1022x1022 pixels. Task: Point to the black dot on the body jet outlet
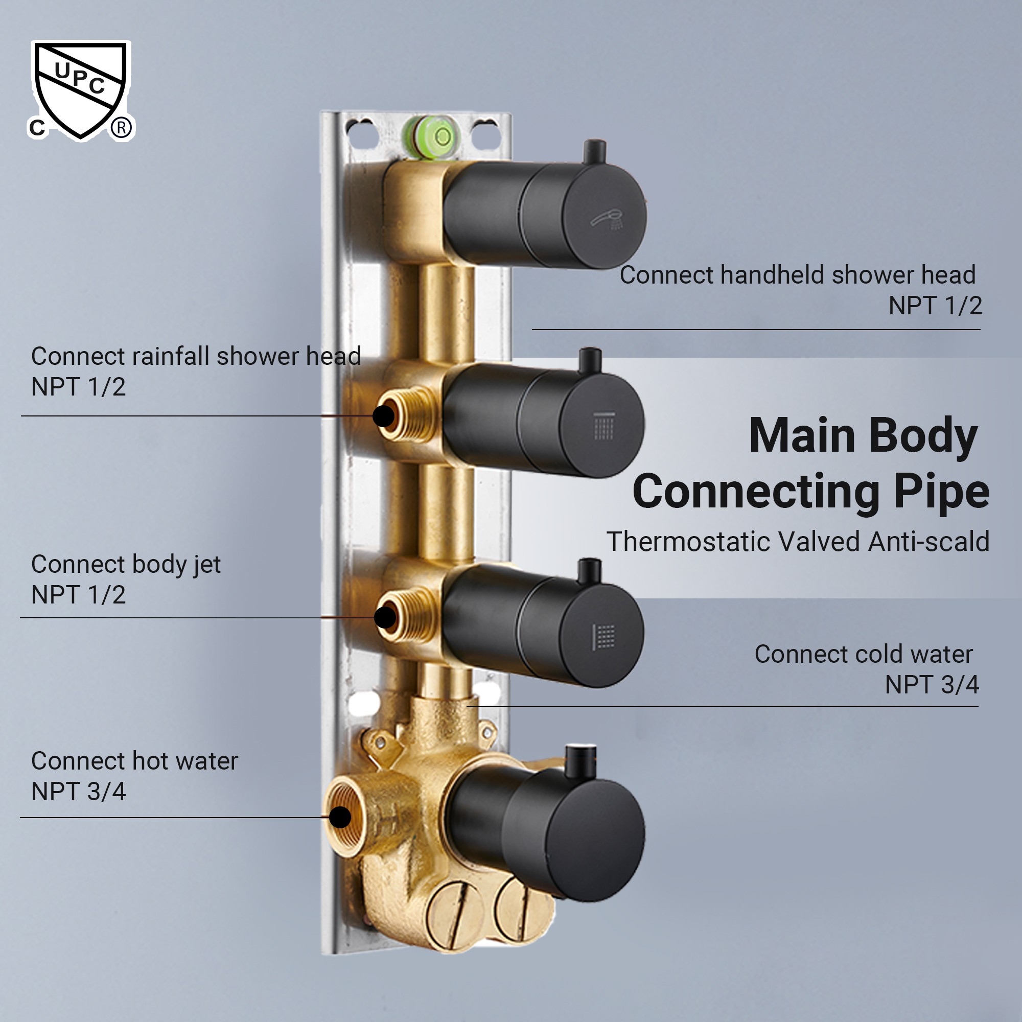pos(386,617)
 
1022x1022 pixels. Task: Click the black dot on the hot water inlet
pos(340,817)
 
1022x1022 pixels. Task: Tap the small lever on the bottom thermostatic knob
pos(580,761)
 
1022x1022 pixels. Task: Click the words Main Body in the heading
pos(863,436)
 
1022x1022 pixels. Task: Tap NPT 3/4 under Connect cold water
pos(932,685)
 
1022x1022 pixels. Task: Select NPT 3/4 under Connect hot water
pos(78,792)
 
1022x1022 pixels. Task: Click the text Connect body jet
pos(126,564)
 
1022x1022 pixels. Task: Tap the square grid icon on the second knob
pos(604,426)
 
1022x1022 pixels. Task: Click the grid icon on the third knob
pos(603,636)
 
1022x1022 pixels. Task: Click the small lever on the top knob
pos(594,152)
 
